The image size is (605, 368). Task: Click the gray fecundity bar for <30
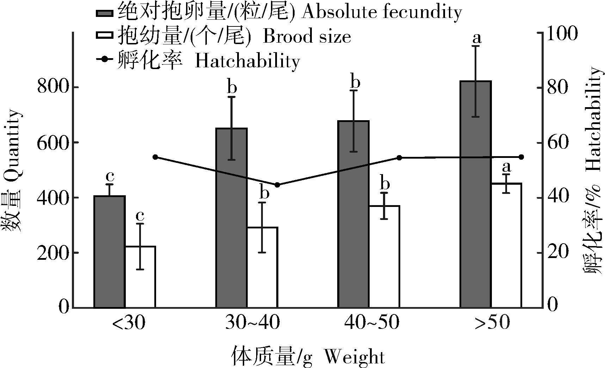pos(110,252)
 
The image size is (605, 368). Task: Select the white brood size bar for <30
pos(140,277)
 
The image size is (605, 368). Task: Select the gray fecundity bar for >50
pos(476,194)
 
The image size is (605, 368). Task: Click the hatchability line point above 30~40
pos(277,185)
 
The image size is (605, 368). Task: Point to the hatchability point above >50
pos(521,157)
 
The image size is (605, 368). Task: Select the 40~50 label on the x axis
pos(372,322)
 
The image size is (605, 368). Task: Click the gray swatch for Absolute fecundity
pos(104,13)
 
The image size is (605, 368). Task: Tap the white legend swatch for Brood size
pos(104,36)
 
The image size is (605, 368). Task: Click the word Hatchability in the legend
pos(247,61)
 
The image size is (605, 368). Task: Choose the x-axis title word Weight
pos(354,357)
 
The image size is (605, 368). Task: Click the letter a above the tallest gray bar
pos(477,37)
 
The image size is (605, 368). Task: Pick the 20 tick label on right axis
pos(558,252)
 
